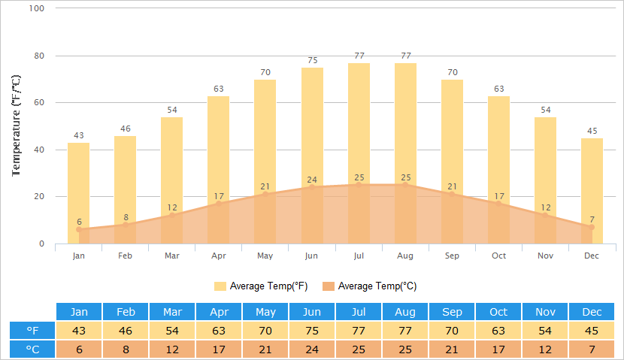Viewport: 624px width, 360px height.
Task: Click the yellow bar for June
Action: [x=312, y=128]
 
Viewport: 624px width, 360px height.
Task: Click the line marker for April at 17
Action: [x=219, y=203]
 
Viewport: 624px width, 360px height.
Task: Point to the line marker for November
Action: [x=545, y=215]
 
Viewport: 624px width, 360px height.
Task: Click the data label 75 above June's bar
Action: [x=312, y=61]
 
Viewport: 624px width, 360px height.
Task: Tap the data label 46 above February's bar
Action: [x=126, y=129]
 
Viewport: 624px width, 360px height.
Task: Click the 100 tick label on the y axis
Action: [x=36, y=8]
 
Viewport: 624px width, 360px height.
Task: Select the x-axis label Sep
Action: [x=452, y=256]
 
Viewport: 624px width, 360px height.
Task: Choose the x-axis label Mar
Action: [x=172, y=256]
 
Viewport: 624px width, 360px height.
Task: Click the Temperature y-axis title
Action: [x=17, y=126]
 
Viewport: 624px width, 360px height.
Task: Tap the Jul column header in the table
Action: [x=359, y=312]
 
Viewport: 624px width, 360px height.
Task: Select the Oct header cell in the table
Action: [x=498, y=312]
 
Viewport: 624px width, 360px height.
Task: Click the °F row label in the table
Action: [x=32, y=331]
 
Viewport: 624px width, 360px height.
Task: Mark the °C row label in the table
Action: [x=32, y=349]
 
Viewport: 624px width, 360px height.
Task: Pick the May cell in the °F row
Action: [x=265, y=331]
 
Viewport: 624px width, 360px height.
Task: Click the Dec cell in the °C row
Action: [x=592, y=349]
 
